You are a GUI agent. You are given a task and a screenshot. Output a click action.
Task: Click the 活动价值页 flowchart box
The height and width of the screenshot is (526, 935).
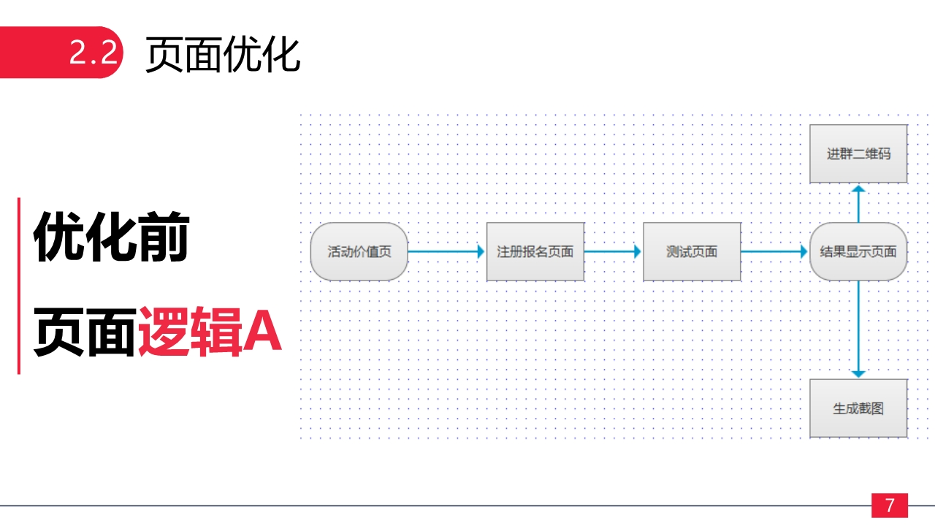pos(359,252)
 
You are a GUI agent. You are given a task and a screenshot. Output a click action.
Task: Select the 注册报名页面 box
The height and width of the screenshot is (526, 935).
pos(535,252)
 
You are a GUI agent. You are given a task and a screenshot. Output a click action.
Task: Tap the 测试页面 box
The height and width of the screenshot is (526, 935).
pos(692,252)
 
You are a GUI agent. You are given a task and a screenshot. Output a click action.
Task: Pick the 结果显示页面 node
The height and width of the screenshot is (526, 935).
pos(858,252)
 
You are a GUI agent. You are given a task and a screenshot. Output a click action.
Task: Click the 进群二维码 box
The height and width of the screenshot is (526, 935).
pos(858,154)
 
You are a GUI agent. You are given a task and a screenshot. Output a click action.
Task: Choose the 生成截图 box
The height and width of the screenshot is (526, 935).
pos(858,408)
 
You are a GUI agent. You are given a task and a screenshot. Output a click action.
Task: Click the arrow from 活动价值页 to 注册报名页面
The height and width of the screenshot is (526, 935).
pos(446,251)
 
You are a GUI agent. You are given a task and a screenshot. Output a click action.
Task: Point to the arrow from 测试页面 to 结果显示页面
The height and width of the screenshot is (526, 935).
pos(775,251)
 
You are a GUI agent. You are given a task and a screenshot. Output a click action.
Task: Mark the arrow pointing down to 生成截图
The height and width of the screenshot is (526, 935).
pos(858,329)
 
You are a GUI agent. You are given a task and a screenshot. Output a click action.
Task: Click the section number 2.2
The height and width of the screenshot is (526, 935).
pos(93,53)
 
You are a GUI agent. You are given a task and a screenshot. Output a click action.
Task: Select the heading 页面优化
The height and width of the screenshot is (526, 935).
pos(223,54)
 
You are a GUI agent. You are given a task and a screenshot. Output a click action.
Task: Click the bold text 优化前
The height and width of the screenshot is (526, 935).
pos(111,237)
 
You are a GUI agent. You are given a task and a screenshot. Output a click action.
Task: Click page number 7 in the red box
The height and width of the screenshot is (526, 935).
pos(889,506)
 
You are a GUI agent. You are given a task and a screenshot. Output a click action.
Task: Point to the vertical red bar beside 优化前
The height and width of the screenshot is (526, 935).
pos(19,285)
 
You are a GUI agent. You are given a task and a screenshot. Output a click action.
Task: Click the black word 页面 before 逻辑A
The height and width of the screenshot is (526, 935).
pos(85,332)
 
